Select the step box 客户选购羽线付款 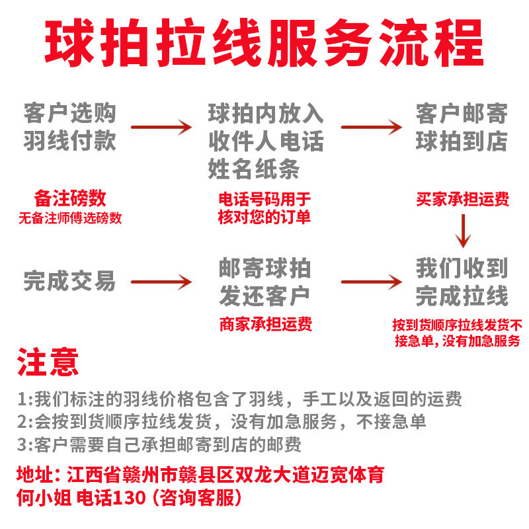coord(69,127)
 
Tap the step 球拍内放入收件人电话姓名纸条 coord(266,140)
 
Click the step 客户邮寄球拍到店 coord(461,127)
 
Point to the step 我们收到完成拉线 coord(461,282)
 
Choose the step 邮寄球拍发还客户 coord(264,282)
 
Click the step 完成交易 coord(69,282)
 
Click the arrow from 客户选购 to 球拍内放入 coord(161,127)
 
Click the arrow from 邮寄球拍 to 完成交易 coord(161,282)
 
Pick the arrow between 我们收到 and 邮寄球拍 coord(371,282)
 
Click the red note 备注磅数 coord(69,198)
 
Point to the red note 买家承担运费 coord(463,199)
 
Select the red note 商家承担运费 coord(265,324)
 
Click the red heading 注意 coord(48,362)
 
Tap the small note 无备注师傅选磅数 coord(69,218)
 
